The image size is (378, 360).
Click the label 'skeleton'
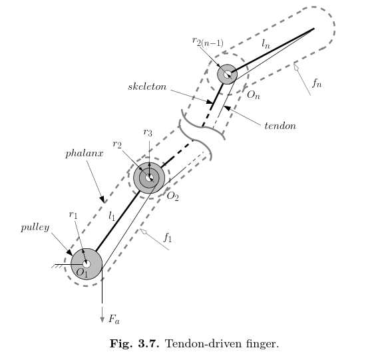147,87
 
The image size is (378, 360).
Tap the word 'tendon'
280,126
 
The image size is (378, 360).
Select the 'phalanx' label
85,154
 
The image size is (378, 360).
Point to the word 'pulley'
35,228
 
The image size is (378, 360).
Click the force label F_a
114,319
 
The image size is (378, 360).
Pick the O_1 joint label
82,272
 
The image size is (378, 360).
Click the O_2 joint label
172,196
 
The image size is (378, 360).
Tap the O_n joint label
254,95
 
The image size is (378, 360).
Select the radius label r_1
73,214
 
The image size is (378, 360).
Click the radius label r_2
117,144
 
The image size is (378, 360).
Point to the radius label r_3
148,132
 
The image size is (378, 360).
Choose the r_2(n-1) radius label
208,41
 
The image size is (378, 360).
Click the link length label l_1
112,216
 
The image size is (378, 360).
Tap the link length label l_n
266,44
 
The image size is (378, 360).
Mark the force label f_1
168,238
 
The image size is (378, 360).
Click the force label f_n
317,83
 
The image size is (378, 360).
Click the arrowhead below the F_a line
102,319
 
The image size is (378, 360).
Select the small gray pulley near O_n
227,75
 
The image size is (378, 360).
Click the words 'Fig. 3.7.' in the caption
134,343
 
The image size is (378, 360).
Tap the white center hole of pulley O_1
87,264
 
